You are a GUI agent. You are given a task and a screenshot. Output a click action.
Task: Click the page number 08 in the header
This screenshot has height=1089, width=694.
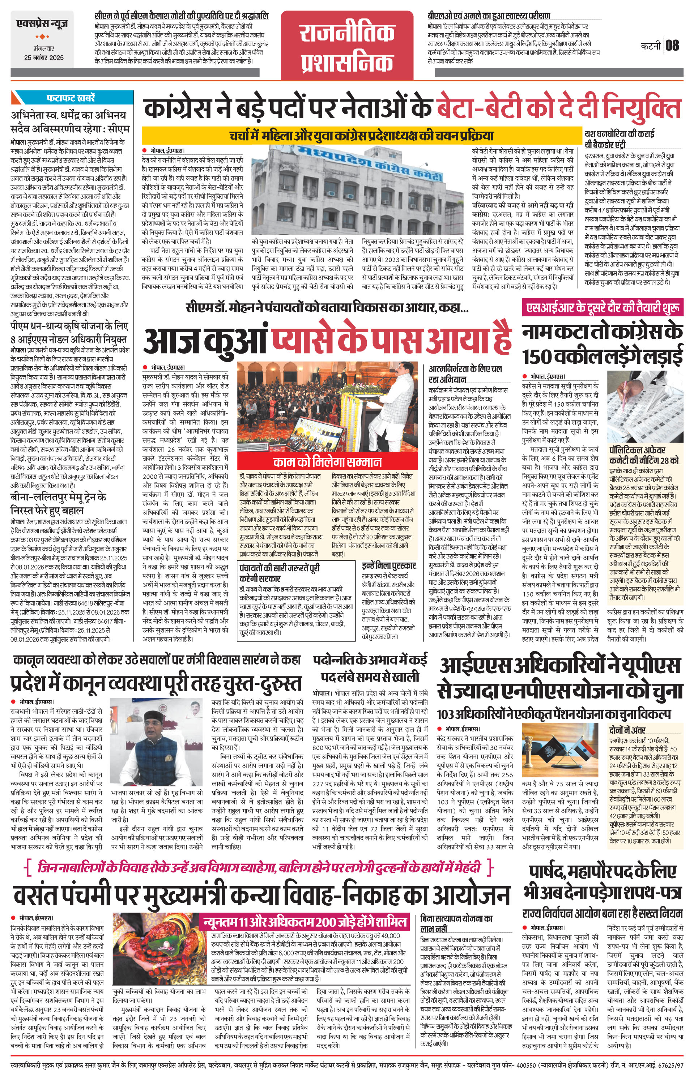(672, 45)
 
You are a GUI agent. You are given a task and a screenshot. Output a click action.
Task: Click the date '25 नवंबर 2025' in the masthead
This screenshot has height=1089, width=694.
(44, 58)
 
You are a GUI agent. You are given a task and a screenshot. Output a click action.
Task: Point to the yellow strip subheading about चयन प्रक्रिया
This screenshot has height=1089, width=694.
(361, 135)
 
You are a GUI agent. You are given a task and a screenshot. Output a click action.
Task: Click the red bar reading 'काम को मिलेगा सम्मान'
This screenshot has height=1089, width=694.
(327, 462)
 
